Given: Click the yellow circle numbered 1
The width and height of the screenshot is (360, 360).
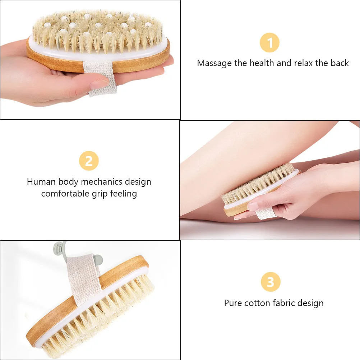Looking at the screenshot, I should click(x=269, y=43).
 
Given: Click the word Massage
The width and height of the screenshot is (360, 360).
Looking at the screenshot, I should click(x=214, y=63).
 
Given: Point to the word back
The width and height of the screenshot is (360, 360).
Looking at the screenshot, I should click(x=340, y=63).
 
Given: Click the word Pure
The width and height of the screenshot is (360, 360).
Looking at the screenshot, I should click(x=233, y=303).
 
